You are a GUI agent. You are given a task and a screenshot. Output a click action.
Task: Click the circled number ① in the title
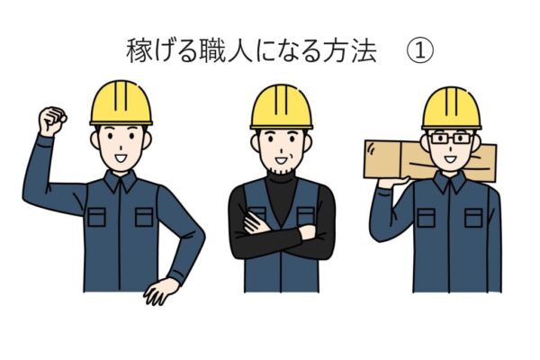click(x=420, y=51)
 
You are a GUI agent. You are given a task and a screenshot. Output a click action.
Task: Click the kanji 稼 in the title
click(x=139, y=51)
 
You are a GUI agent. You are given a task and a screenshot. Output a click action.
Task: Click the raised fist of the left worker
click(x=51, y=121)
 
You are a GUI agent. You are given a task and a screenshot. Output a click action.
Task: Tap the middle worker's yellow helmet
click(x=282, y=107)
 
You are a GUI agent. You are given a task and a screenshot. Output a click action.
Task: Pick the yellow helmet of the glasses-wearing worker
click(x=452, y=109)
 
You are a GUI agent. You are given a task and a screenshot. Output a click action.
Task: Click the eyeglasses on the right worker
click(x=451, y=139)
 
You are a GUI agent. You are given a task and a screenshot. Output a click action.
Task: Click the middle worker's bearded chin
click(x=282, y=169)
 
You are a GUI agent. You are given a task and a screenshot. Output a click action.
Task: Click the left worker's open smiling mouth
click(x=121, y=158)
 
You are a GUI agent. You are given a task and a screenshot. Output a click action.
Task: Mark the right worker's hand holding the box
click(x=392, y=182)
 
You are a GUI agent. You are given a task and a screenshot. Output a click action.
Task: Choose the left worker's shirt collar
click(x=121, y=182)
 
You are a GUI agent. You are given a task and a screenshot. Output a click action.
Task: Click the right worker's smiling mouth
click(x=451, y=159)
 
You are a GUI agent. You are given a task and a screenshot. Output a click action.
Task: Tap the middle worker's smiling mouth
click(x=281, y=160)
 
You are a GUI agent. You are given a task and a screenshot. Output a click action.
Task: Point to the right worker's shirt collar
click(x=450, y=183)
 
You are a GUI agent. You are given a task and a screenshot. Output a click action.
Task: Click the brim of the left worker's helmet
click(x=121, y=123)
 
